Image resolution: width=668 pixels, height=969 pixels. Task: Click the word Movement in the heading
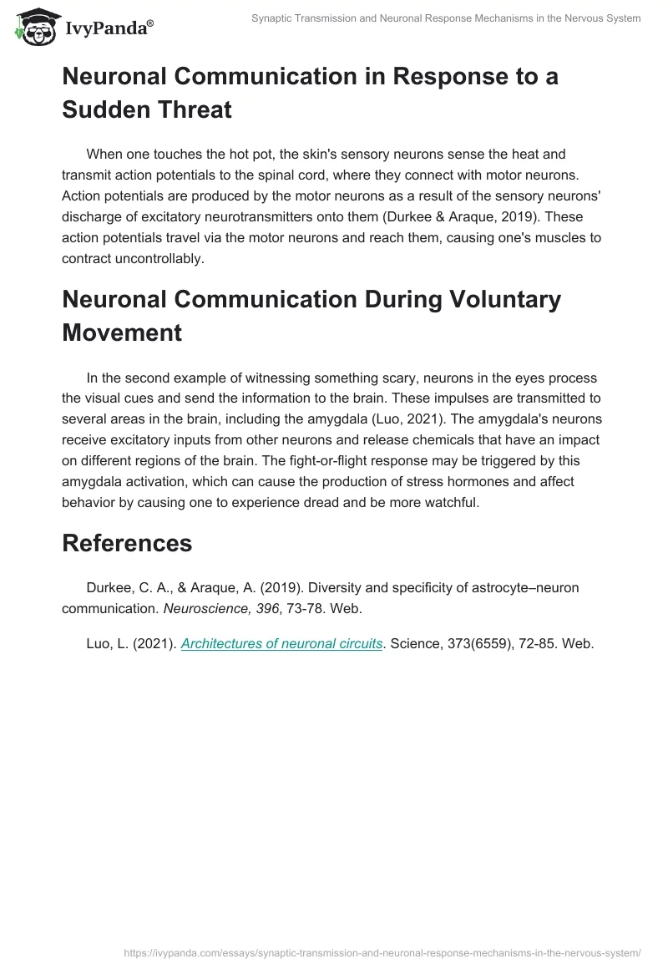tap(122, 332)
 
